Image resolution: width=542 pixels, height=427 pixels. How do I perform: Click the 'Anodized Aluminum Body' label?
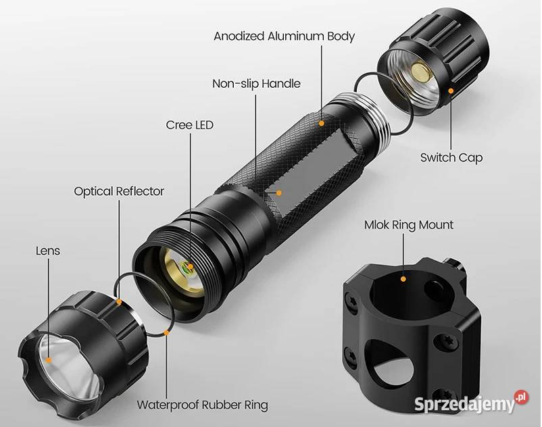coord(284,36)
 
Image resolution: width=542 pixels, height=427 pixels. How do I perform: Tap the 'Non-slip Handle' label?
coord(256,84)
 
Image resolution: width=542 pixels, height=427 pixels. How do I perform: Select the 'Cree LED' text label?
coord(189,125)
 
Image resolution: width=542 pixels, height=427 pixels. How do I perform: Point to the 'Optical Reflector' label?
coord(119,191)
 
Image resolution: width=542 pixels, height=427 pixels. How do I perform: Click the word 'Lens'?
coord(48,251)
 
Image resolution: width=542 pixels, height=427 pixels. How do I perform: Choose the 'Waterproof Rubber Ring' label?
coord(202,405)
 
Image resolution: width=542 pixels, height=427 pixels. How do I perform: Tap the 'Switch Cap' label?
coord(451,157)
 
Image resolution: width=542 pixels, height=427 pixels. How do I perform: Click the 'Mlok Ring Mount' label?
coord(409,225)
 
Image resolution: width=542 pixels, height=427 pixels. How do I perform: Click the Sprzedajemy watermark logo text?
coord(465,404)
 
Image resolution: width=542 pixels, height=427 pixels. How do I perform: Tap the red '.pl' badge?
coord(522,397)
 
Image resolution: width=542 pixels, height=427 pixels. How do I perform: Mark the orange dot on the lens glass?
coord(49,360)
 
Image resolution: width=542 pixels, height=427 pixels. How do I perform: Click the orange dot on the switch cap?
coord(451,91)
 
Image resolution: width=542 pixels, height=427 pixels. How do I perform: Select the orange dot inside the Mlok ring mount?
coord(403,279)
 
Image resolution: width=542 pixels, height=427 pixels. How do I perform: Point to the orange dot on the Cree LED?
coord(190,266)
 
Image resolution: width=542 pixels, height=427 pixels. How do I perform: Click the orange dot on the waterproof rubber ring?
coord(167,332)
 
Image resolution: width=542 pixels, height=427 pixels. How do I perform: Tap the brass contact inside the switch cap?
coord(422,72)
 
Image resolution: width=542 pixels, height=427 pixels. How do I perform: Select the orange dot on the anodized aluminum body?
coord(322,123)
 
